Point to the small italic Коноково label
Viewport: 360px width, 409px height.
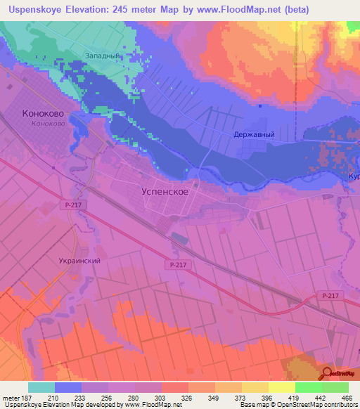49,124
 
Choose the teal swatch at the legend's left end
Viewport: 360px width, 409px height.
41,387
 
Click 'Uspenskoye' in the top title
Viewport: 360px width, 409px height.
33,10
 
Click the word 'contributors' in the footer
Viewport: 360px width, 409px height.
336,405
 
